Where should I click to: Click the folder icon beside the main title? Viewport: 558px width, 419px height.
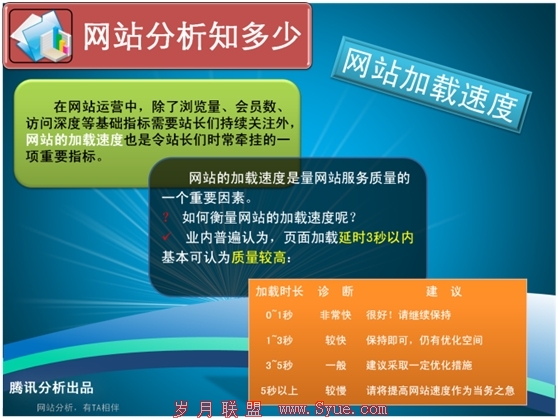(x=41, y=36)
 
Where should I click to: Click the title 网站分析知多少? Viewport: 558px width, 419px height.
(x=192, y=36)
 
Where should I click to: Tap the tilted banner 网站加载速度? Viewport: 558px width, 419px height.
(x=431, y=84)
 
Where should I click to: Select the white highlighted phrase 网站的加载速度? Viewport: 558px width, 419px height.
(x=74, y=140)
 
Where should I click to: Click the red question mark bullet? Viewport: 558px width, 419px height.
(x=165, y=217)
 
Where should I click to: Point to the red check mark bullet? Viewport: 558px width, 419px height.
(x=167, y=236)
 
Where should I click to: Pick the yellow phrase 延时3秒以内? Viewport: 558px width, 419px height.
(x=376, y=238)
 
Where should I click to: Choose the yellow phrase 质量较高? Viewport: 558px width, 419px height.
(x=259, y=257)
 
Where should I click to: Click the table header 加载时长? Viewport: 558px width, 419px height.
(x=279, y=292)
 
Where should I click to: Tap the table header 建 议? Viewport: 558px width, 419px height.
(x=444, y=292)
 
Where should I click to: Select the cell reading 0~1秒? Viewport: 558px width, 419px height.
(x=279, y=315)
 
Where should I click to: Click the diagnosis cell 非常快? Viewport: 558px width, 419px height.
(x=336, y=315)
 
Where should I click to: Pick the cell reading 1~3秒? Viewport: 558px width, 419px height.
(x=279, y=340)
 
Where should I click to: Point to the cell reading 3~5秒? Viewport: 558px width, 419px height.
(x=279, y=365)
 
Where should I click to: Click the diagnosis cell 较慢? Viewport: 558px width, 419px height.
(x=336, y=391)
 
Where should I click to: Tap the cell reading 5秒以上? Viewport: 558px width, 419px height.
(x=279, y=391)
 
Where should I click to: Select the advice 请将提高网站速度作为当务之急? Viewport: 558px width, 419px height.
(x=441, y=391)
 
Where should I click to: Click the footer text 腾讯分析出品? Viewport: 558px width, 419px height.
(x=51, y=388)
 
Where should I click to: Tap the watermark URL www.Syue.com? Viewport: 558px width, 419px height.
(x=333, y=409)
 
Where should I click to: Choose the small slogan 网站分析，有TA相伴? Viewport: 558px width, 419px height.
(x=78, y=408)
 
